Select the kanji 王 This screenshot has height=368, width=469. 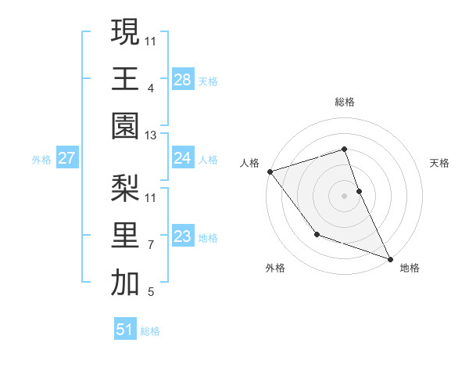point(125,78)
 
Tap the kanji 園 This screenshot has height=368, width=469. point(125,125)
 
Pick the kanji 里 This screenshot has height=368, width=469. point(125,236)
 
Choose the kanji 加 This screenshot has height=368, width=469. point(125,283)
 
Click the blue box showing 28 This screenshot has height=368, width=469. point(182,79)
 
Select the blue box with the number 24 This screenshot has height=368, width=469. point(182,158)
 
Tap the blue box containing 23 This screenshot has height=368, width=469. point(182,236)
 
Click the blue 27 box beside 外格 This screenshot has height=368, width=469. point(66,158)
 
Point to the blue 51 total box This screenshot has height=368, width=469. point(125,330)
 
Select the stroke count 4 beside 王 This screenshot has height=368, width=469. point(150,88)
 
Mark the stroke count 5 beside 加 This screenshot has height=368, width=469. point(150,293)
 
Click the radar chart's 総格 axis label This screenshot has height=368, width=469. point(344,102)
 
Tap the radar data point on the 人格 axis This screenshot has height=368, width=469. point(270,171)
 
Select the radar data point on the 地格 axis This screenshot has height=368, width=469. point(390,258)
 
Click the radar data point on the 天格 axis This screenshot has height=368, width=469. point(359,190)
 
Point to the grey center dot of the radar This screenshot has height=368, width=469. point(344,195)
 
